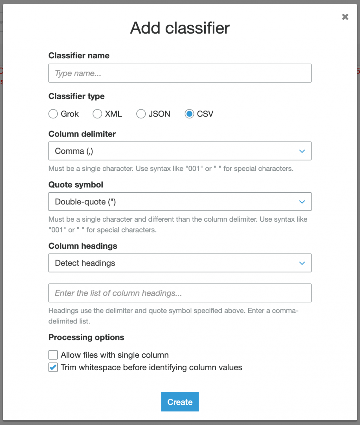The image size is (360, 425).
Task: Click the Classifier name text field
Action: tap(180, 73)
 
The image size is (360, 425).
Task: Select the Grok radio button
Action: tap(53, 114)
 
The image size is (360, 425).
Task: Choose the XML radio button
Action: tap(97, 114)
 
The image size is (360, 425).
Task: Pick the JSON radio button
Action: tap(141, 114)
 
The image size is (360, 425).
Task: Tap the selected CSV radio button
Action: tap(189, 114)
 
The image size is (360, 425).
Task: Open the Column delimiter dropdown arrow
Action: tap(302, 151)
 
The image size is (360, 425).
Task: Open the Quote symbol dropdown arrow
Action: tap(302, 202)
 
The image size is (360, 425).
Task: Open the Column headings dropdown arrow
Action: tap(302, 263)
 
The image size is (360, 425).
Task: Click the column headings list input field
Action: tap(180, 293)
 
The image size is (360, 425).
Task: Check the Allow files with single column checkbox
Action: tap(53, 355)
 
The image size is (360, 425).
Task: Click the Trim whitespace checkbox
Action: tap(53, 367)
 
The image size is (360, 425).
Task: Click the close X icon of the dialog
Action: tap(345, 17)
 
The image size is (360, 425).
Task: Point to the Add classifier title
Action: tap(180, 28)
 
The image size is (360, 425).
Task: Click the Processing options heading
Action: tap(86, 337)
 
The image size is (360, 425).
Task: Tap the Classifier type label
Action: tap(76, 96)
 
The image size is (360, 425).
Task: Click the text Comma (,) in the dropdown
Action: tap(74, 151)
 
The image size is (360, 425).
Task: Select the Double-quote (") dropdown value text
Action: tap(85, 202)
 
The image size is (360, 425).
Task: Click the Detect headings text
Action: tap(85, 263)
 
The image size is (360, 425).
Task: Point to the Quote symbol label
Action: tap(76, 185)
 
